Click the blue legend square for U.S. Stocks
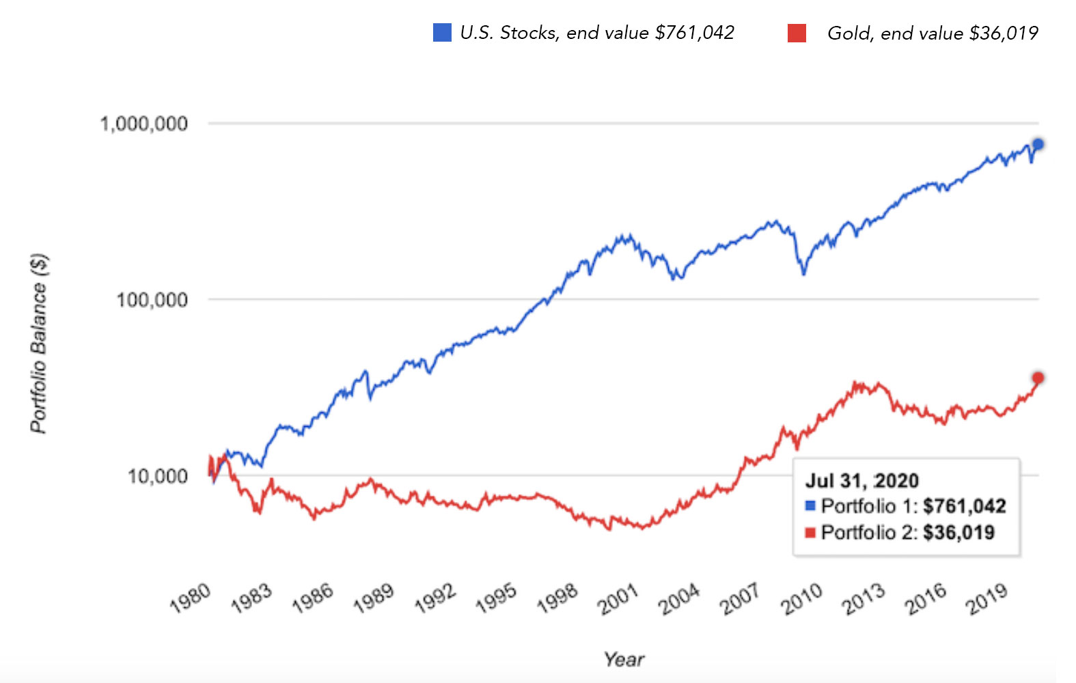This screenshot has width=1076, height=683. (x=442, y=32)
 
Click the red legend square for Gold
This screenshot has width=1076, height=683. (x=797, y=33)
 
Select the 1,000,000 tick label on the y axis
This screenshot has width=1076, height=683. (x=143, y=124)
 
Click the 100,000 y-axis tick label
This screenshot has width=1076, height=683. (x=152, y=299)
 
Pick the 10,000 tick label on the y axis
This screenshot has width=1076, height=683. (x=157, y=475)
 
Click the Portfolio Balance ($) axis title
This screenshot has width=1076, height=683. (x=39, y=343)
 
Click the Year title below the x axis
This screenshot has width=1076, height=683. (x=623, y=659)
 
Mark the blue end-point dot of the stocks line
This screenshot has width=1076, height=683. (x=1038, y=144)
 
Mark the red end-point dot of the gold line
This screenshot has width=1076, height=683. (x=1038, y=378)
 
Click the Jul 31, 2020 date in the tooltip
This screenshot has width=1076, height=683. (x=861, y=480)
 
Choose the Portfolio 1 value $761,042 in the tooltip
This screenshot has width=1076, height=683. (x=964, y=506)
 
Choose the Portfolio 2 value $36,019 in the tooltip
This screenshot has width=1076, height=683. (x=958, y=533)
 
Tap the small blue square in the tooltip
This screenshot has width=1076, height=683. (x=811, y=506)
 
